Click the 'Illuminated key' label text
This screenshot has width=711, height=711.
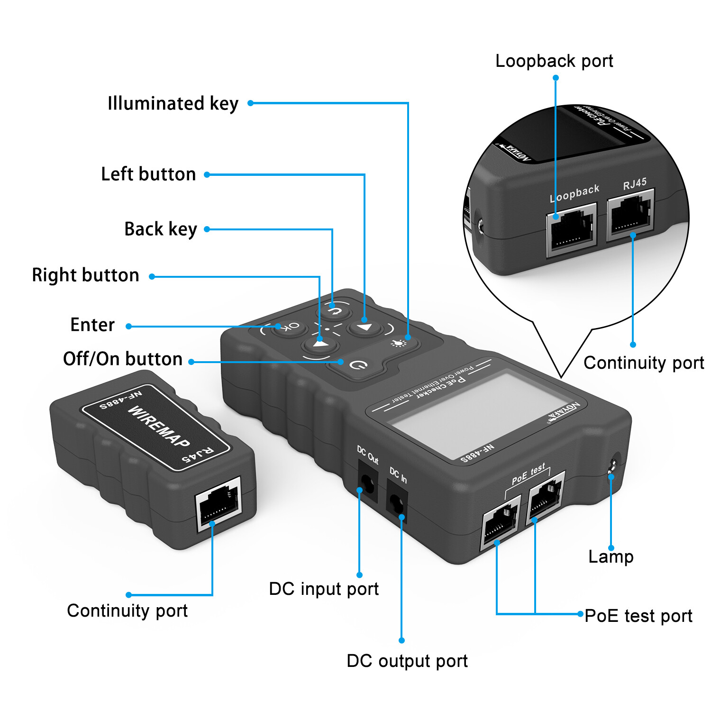[x=173, y=103]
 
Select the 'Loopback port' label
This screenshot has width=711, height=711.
[x=554, y=61]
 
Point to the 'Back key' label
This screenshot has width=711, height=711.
[x=161, y=229]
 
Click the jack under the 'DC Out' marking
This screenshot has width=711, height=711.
[x=367, y=484]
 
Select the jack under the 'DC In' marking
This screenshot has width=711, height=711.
[x=397, y=504]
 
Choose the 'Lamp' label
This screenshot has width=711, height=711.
[x=611, y=556]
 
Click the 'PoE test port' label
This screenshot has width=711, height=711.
[x=638, y=616]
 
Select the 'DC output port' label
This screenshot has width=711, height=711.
[x=407, y=661]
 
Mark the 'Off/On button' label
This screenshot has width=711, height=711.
[x=123, y=359]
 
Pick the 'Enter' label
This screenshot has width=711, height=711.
[x=92, y=325]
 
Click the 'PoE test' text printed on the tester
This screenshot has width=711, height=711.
[x=529, y=474]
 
